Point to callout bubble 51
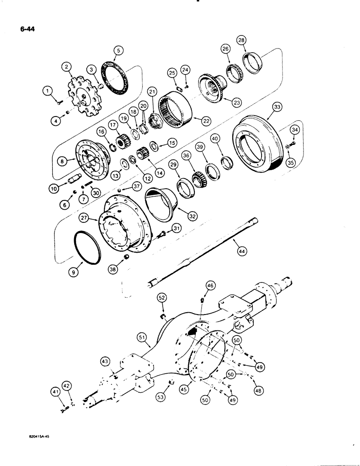tap(141, 337)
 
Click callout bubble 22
tap(205, 120)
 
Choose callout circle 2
tap(69, 68)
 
